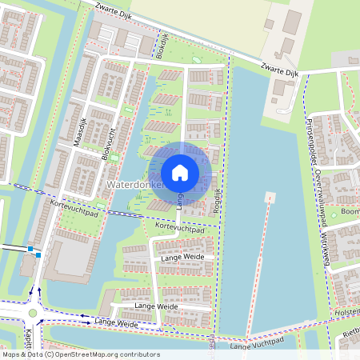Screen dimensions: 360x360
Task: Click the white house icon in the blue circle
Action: coord(180,172)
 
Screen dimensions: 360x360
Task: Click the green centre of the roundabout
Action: coord(33,314)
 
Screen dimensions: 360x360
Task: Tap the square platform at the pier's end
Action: coord(270,197)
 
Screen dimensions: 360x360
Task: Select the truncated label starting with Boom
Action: coord(350,212)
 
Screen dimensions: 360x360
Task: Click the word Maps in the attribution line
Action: coord(11,354)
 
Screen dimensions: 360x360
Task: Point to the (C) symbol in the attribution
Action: coord(50,354)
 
